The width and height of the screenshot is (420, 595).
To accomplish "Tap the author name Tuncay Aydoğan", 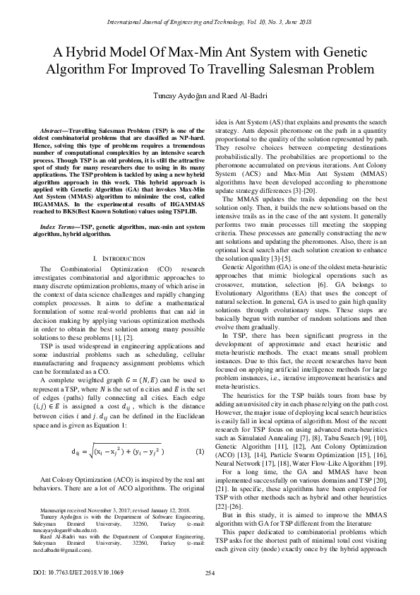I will point(177,97).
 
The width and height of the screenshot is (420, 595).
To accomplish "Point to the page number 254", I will point(210,572).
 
